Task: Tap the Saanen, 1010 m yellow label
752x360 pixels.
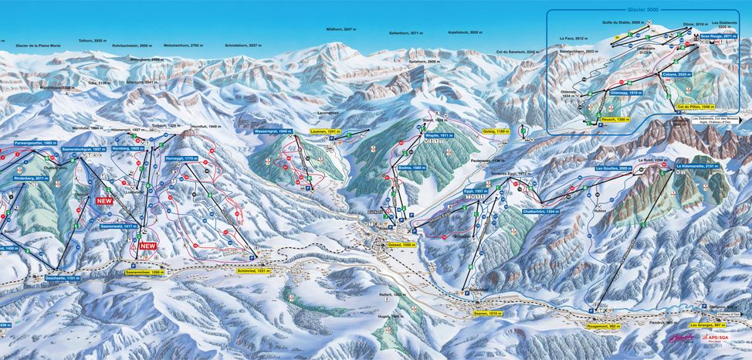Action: [488, 313]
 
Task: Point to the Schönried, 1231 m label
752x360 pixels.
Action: [254, 270]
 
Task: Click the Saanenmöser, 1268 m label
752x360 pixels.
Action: [144, 272]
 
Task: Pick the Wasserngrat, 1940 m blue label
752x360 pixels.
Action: [273, 131]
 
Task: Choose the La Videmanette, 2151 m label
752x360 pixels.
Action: [700, 166]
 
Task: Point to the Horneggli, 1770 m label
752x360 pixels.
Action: [181, 158]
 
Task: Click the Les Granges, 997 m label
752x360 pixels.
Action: [708, 326]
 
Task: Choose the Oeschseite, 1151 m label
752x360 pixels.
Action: [63, 277]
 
